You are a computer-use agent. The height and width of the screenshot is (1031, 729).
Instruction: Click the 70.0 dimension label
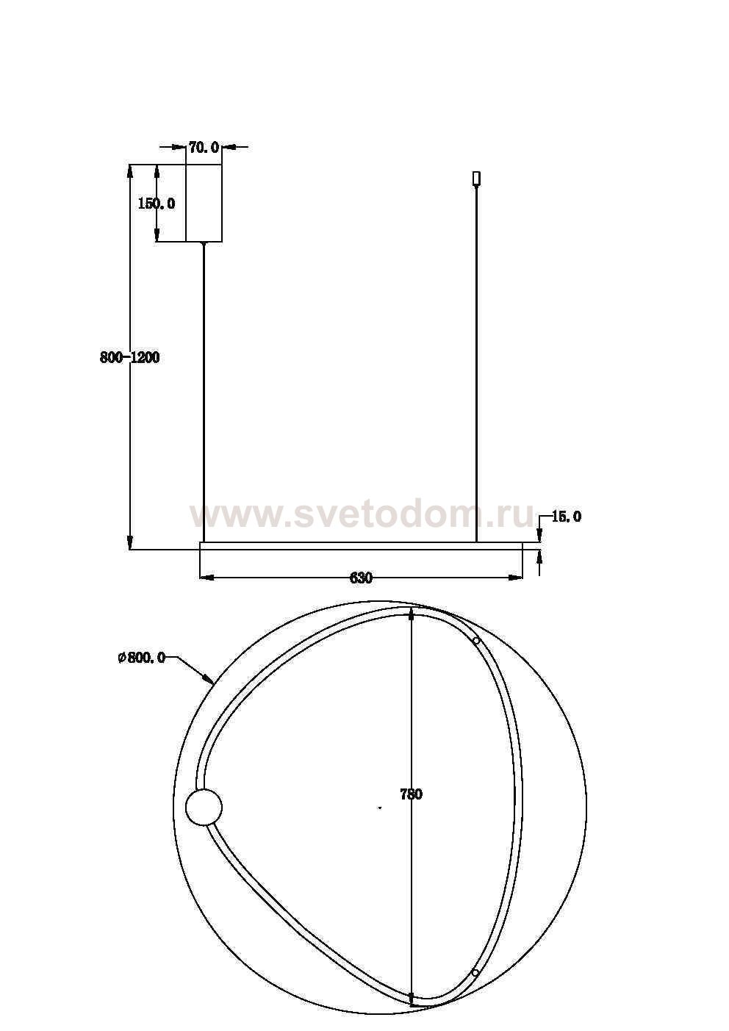(204, 148)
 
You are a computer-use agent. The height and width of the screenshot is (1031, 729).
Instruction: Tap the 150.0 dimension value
(157, 204)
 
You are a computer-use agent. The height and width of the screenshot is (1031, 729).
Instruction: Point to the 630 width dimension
(361, 578)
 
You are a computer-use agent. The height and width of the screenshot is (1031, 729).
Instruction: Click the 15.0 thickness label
(566, 517)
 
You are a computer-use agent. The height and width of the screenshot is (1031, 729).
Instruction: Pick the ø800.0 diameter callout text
(141, 658)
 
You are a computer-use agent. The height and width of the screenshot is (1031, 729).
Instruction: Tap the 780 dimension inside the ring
(411, 794)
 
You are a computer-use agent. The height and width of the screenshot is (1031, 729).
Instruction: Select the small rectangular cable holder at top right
(476, 178)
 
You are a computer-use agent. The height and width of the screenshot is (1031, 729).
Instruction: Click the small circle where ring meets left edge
(204, 807)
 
